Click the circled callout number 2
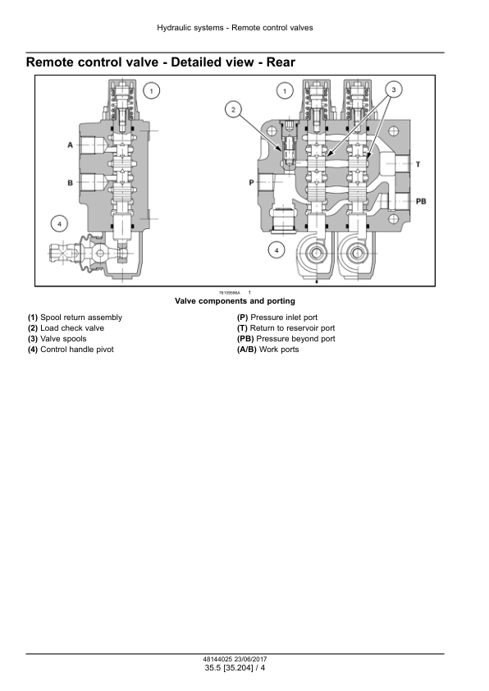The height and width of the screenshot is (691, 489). [x=233, y=110]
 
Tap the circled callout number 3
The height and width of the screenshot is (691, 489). [x=393, y=90]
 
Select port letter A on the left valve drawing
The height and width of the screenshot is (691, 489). [x=70, y=145]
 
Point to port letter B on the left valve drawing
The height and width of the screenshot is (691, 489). [x=70, y=182]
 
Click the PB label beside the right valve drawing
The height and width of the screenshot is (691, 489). [x=421, y=201]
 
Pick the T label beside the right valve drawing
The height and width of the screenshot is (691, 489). [x=418, y=164]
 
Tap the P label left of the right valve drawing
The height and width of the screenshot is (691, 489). [x=252, y=182]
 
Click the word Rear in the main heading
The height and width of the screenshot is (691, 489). [x=281, y=62]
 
